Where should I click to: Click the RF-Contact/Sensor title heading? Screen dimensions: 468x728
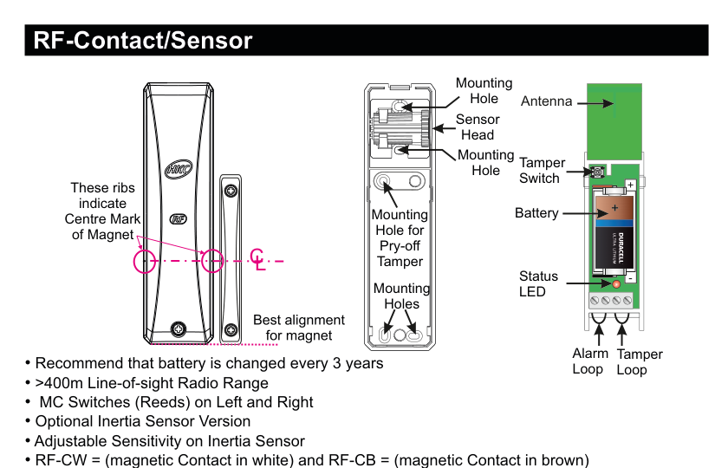[143, 41]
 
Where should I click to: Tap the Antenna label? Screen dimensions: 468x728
[546, 101]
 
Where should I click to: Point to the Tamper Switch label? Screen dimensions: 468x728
[542, 170]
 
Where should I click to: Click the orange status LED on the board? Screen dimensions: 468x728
[616, 283]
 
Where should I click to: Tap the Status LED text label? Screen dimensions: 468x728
[538, 283]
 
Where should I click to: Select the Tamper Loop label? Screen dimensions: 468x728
[639, 361]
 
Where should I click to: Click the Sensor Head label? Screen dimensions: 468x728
[478, 127]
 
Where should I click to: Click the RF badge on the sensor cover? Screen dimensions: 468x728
[179, 220]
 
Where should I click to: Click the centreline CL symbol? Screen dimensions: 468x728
[257, 258]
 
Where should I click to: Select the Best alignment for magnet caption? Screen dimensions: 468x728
[298, 328]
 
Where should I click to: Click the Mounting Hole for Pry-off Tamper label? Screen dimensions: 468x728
[400, 237]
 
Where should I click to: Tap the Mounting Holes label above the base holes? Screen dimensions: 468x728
[401, 296]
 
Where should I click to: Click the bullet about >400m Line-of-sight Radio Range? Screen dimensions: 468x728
[152, 382]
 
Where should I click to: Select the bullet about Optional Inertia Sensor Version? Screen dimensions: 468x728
[143, 421]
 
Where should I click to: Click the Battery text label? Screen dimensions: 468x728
[536, 212]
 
